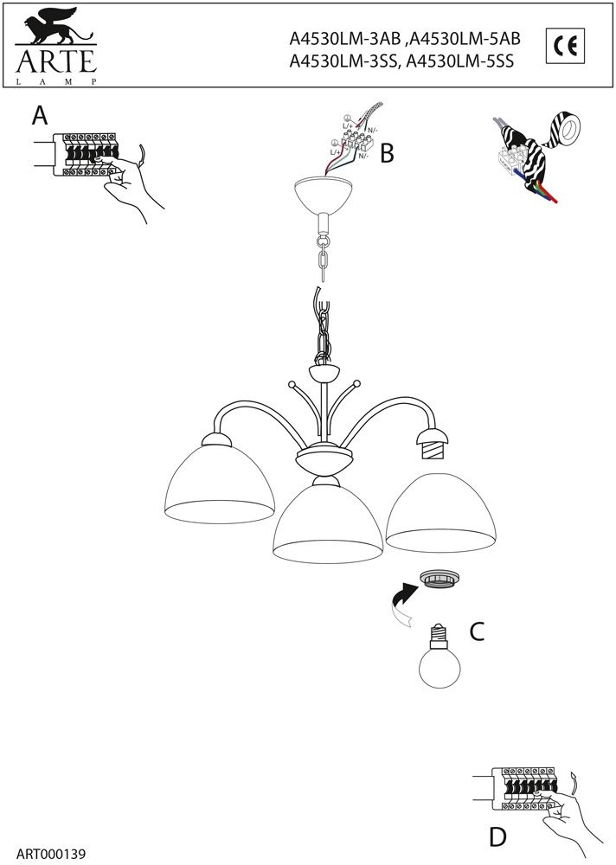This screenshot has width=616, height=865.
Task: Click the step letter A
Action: (x=39, y=115)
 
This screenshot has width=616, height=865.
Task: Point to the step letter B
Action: (x=387, y=154)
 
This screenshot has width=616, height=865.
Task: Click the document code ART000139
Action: (x=51, y=853)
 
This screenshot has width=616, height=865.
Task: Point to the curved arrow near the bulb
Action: (x=401, y=606)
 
